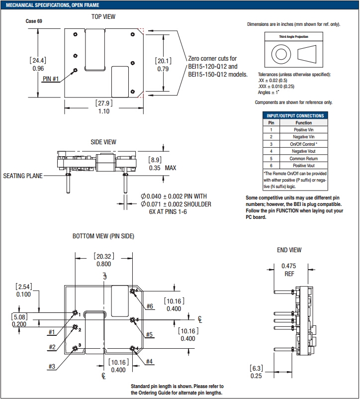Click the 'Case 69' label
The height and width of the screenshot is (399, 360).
click(x=34, y=21)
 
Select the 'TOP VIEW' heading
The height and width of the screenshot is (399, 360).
click(x=103, y=16)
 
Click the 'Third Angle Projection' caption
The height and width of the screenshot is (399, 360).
click(x=293, y=37)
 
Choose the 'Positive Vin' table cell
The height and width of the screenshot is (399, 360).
click(x=303, y=129)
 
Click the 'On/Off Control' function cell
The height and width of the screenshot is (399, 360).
click(x=303, y=144)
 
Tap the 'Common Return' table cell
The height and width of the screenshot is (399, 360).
click(x=303, y=158)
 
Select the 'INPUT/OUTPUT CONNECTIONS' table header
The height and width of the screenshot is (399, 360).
click(x=295, y=115)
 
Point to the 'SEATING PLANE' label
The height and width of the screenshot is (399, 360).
click(x=23, y=176)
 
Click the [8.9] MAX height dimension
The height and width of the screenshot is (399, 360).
click(x=156, y=160)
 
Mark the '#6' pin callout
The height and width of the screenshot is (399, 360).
click(x=150, y=306)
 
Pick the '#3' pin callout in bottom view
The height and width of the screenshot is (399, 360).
click(x=52, y=367)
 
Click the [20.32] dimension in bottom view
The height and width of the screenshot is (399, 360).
click(x=104, y=256)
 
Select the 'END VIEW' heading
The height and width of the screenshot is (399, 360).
click(x=289, y=250)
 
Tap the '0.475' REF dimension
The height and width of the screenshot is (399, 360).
click(x=289, y=266)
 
